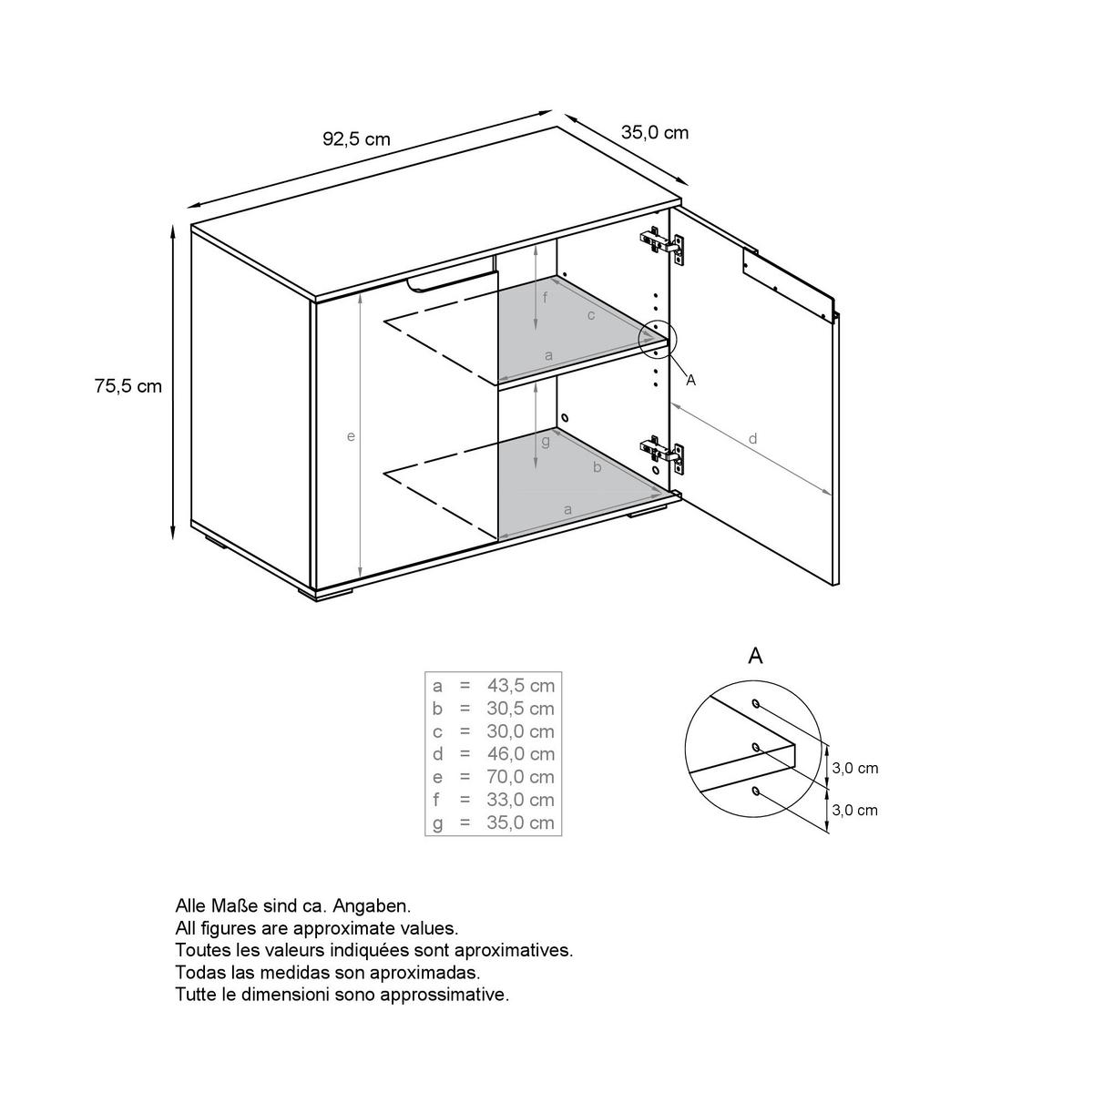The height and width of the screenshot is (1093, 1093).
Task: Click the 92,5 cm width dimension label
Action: [x=356, y=139]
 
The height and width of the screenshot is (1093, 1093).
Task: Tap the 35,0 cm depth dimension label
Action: [x=655, y=133]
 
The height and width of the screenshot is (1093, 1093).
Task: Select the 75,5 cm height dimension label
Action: [x=128, y=386]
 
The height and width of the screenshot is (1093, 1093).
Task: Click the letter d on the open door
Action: [x=752, y=438]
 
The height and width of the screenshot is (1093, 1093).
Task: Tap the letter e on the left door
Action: [x=351, y=437]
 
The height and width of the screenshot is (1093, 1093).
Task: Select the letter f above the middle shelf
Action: [x=545, y=297]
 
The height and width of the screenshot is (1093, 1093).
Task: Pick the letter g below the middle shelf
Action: [x=546, y=442]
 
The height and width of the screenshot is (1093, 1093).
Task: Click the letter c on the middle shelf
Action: [x=591, y=315]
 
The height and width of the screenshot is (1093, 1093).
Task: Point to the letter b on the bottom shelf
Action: [x=597, y=467]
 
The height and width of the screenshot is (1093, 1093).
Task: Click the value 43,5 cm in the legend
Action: [x=521, y=686]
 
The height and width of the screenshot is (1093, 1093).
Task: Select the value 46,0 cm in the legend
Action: [x=521, y=754]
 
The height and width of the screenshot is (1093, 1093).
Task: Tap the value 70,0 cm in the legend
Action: [x=521, y=777]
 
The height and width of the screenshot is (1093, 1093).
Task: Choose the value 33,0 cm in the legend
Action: [x=521, y=799]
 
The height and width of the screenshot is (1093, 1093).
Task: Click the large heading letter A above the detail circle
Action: [x=755, y=656]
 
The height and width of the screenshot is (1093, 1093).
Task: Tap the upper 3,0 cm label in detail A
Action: [x=854, y=769]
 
